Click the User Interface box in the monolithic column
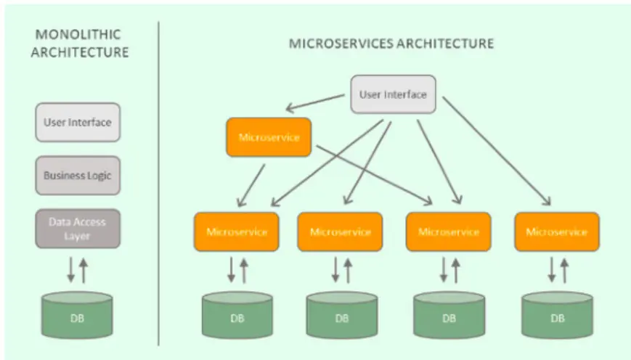(77, 122)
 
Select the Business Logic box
(77, 175)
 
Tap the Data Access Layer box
(77, 229)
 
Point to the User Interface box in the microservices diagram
(393, 94)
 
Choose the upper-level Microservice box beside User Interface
(269, 137)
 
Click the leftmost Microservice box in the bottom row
(237, 232)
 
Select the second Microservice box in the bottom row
(341, 232)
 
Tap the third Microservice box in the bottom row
(448, 232)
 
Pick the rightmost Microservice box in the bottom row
(556, 232)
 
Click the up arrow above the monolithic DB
(84, 271)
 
